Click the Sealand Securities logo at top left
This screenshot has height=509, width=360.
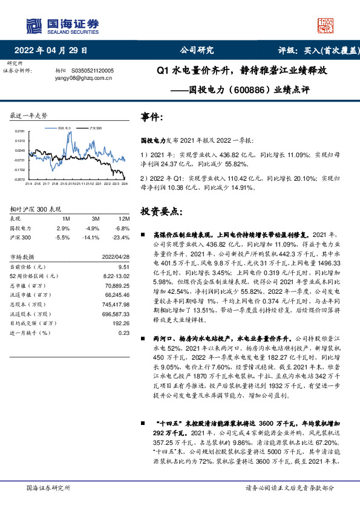click(x=61, y=24)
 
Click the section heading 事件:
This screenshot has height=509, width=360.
click(x=151, y=117)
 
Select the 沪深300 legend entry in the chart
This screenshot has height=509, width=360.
click(x=94, y=129)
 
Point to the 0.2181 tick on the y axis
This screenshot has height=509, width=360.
click(x=19, y=131)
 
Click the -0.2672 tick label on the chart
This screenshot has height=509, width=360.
click(x=19, y=180)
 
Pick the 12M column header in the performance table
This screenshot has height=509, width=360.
click(x=123, y=218)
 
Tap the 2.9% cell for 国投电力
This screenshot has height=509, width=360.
click(x=64, y=228)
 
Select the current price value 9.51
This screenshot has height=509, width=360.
click(x=124, y=267)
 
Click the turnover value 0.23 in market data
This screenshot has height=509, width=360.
click(x=124, y=332)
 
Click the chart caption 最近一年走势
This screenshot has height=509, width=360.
click(x=28, y=115)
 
